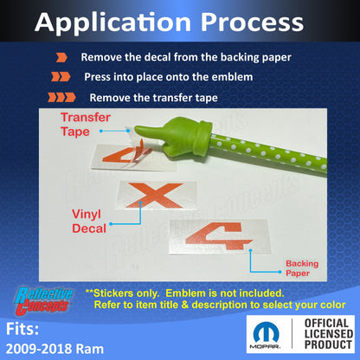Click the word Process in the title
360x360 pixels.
tap(252, 22)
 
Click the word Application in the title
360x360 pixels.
tap(112, 23)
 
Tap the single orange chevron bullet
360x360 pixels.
tap(61, 58)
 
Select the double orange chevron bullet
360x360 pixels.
tap(61, 77)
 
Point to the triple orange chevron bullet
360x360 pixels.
tap(61, 98)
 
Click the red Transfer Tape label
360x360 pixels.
tap(86, 125)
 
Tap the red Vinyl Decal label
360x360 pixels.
tap(89, 222)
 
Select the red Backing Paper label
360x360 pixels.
tap(302, 268)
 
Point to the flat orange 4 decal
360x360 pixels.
tap(219, 235)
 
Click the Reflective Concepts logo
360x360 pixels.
tap(43, 300)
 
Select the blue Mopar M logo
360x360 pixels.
tap(266, 331)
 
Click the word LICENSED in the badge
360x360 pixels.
tap(329, 334)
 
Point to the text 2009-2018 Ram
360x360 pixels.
tap(55, 349)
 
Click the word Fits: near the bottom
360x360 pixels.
tap(22, 329)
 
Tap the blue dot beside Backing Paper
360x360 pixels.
tap(280, 272)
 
